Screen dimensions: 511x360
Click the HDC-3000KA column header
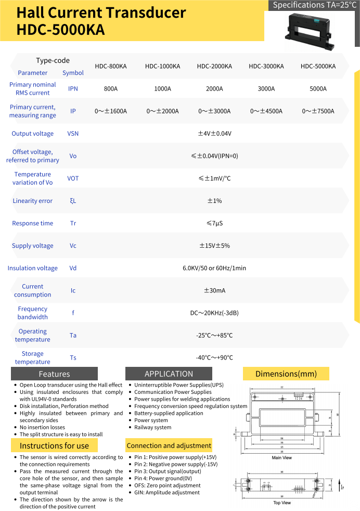266,66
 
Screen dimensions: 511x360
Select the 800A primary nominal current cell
110,88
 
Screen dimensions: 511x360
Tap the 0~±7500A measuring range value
318,111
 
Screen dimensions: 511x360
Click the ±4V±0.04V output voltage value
214,134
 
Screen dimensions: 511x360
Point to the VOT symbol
73,178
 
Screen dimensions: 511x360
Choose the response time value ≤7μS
214,223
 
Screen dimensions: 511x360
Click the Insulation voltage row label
33,268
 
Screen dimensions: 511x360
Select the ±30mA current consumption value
214,290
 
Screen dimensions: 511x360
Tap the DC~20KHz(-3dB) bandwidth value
214,313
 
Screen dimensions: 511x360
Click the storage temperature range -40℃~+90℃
214,357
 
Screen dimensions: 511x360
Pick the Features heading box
54,374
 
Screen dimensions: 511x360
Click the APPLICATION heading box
169,374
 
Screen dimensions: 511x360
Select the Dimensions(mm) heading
286,374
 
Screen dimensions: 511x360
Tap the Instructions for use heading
54,445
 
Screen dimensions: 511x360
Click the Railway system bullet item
152,427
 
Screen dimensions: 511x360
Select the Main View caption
282,458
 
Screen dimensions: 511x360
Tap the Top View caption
282,503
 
